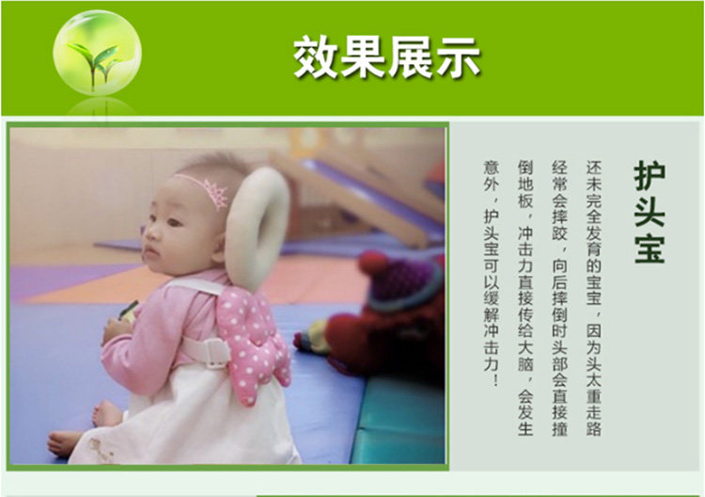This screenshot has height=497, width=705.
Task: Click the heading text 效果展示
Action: pos(386,57)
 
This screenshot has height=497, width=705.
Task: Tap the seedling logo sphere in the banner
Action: pos(97,52)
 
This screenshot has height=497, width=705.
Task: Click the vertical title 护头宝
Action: pos(650,212)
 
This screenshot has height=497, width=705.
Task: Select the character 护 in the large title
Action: pos(650,176)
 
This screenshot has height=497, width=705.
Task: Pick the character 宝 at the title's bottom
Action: pos(650,248)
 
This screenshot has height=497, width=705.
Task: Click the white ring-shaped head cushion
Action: pos(258,228)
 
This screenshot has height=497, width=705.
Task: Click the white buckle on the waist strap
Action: pos(215,353)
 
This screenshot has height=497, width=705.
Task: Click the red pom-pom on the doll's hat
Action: pos(373,263)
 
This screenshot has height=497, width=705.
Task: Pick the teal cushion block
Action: pos(399,421)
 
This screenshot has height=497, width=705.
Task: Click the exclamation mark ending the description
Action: pos(496,380)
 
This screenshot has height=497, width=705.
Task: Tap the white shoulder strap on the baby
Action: pos(197,286)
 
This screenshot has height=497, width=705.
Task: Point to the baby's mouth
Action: pos(150,253)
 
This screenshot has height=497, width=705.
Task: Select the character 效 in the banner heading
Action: pos(316,57)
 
